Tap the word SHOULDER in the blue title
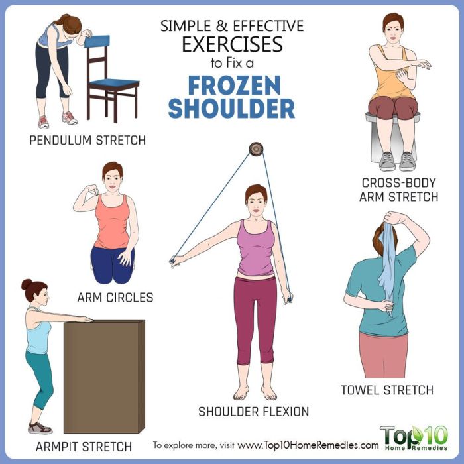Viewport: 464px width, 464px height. (x=231, y=109)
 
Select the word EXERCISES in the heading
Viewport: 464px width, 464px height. (x=232, y=45)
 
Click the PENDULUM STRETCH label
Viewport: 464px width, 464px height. (x=87, y=140)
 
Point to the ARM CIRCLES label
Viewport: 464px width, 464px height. (x=115, y=298)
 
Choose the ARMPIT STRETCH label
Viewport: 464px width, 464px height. (x=84, y=445)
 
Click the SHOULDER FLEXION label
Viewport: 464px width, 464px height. (x=253, y=412)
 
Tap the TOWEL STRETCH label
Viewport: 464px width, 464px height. (x=387, y=390)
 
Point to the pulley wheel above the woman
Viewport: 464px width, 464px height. (x=255, y=149)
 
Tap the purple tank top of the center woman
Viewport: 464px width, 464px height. (x=255, y=249)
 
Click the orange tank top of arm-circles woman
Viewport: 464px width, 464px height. (x=111, y=222)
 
